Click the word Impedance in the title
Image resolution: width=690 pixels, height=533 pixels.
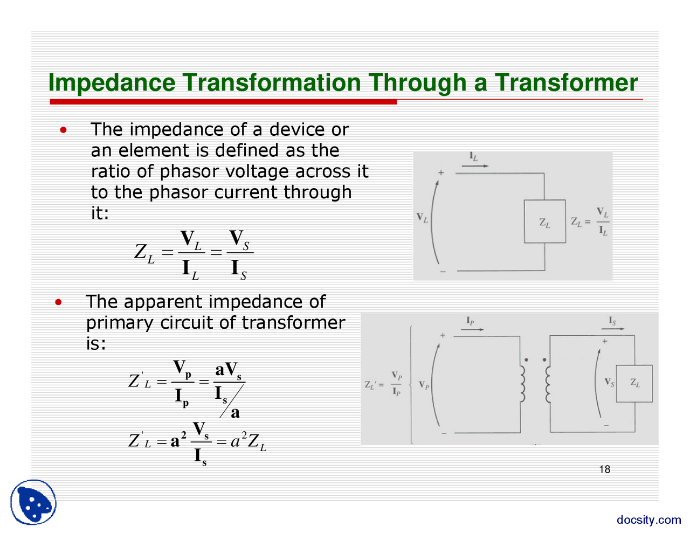coord(112,83)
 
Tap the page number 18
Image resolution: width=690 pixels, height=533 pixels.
coord(604,469)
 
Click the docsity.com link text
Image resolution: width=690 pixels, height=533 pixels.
coord(648,520)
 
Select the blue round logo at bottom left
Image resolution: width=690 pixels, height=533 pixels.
coord(33,502)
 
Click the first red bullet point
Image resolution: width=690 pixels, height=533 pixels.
coord(64,130)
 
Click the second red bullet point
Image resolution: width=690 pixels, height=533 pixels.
coord(58,302)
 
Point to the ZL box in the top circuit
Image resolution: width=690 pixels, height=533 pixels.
coord(544,221)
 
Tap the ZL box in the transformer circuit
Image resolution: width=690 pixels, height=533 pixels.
coord(634,383)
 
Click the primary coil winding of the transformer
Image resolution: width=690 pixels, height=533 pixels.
coord(522,384)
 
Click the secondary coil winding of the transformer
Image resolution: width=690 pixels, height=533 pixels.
coord(548,384)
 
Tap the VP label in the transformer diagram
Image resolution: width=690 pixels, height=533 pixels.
coord(424,386)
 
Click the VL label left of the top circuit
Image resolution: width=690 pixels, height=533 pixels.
coord(422,218)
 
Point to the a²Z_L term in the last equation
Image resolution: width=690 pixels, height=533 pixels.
coord(248,442)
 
